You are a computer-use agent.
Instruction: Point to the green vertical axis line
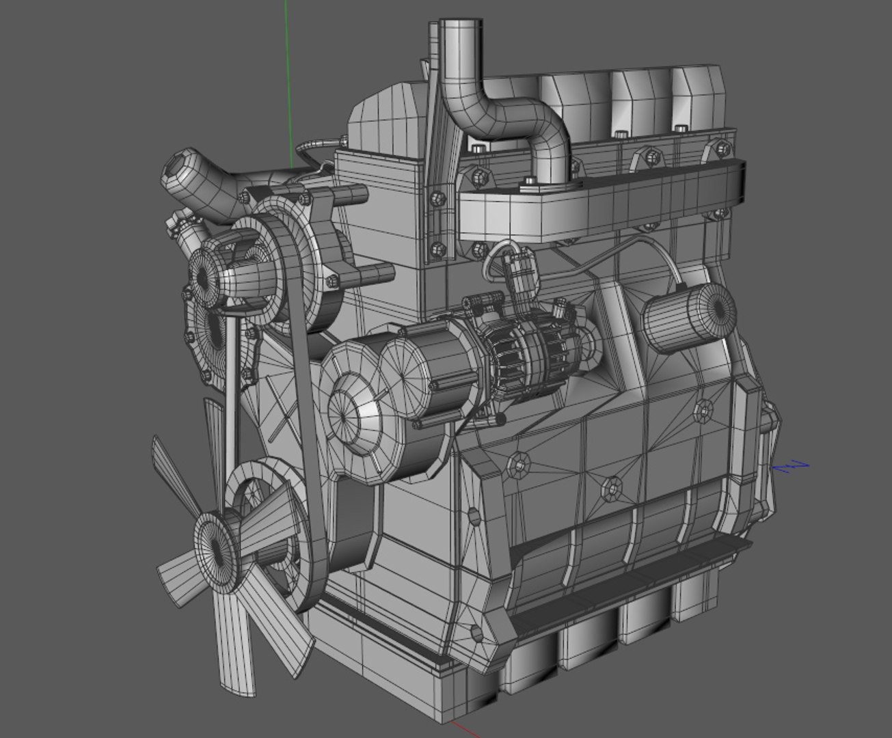288,82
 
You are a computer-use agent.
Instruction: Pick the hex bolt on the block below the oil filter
703,410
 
